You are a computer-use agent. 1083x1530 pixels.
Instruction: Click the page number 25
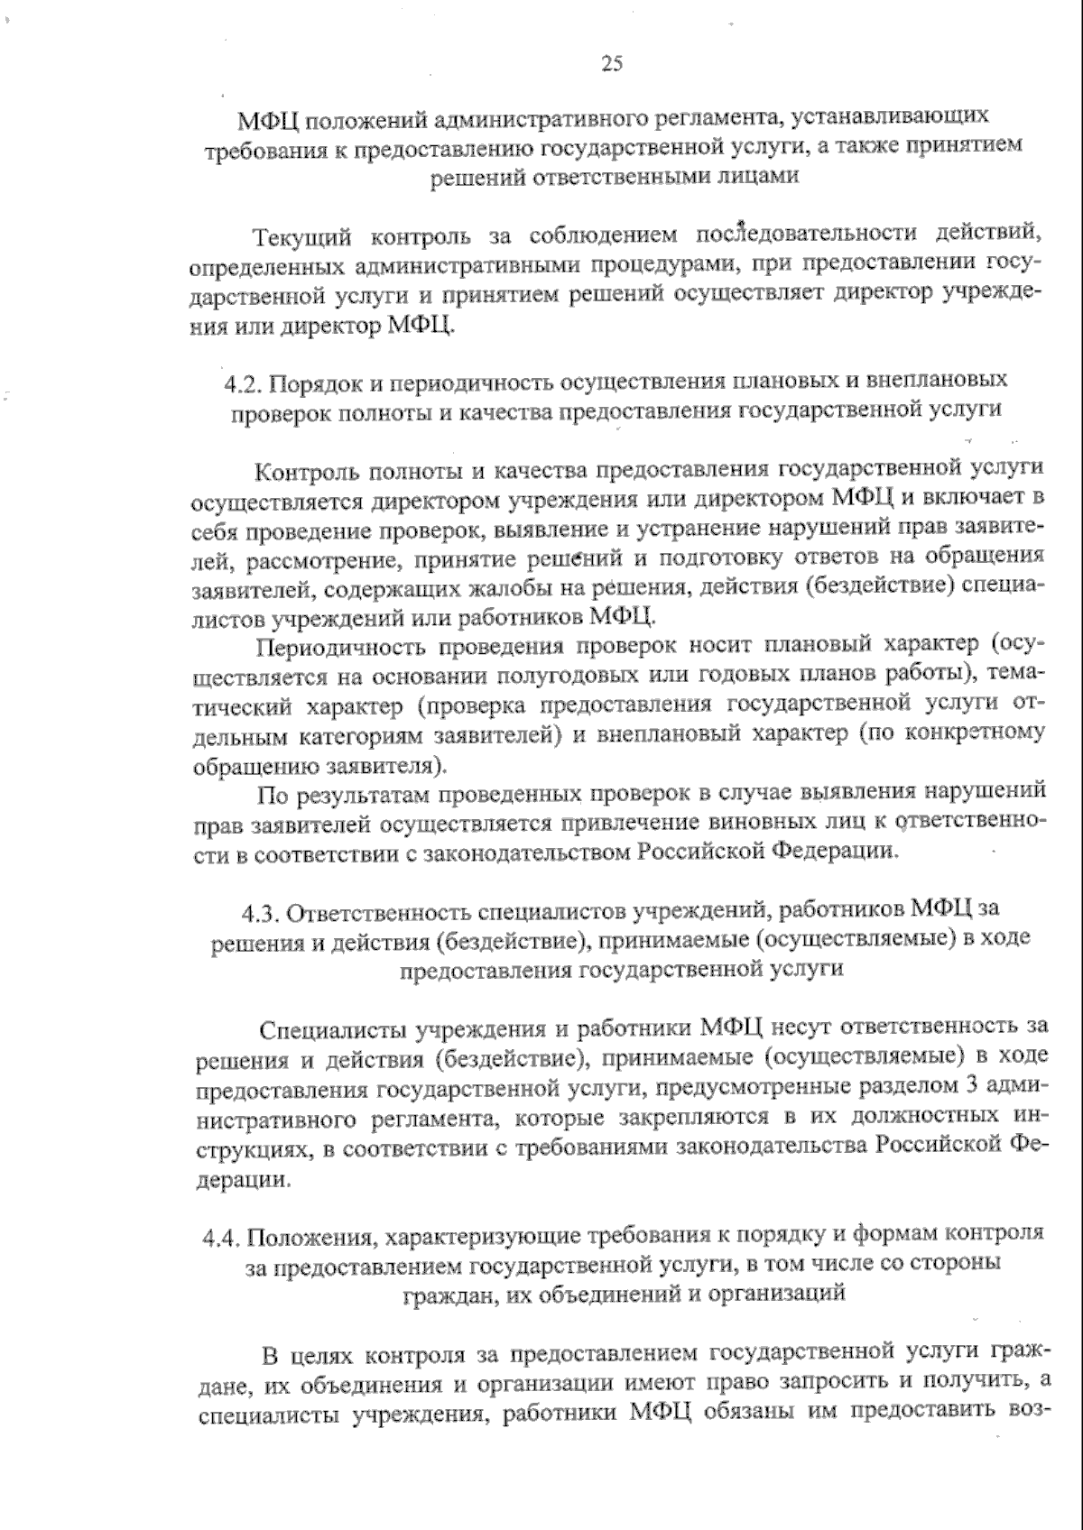click(x=611, y=63)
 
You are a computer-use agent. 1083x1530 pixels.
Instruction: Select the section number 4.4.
click(x=222, y=1234)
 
